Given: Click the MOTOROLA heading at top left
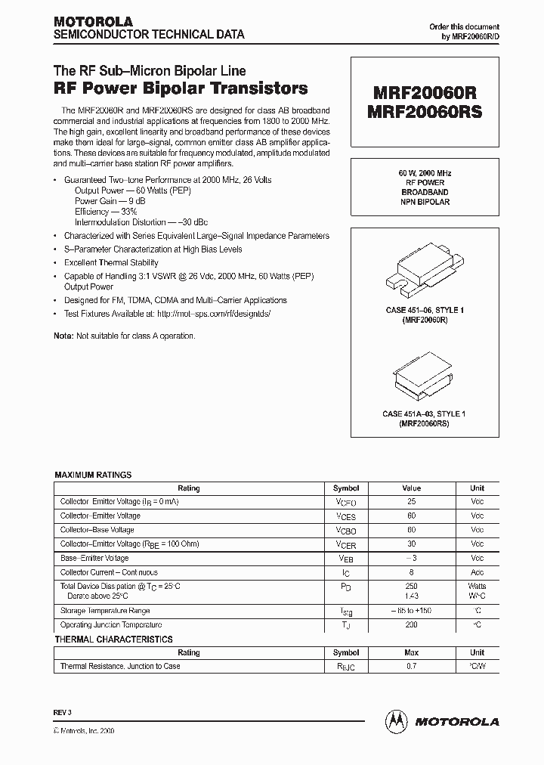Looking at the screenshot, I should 93,21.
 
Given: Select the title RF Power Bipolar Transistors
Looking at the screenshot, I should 181,88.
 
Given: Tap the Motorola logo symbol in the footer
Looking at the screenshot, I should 395,721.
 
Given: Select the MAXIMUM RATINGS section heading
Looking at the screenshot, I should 93,475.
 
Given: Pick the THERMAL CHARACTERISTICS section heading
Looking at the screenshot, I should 113,640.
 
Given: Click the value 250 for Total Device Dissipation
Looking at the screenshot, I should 411,586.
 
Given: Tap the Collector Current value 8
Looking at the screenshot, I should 411,572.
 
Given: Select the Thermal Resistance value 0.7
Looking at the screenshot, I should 411,666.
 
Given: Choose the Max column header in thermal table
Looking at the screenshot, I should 411,652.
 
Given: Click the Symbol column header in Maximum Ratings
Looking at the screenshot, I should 346,488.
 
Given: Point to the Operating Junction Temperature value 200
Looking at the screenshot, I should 411,625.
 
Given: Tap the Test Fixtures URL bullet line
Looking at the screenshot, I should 166,313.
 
